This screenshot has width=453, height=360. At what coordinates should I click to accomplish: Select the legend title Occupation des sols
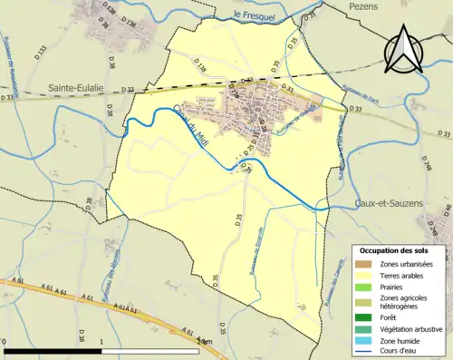(x=400, y=250)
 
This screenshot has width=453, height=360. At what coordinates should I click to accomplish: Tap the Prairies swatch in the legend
(x=364, y=286)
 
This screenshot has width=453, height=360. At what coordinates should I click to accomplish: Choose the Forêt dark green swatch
(x=364, y=316)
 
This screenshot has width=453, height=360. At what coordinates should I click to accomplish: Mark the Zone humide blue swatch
(x=364, y=339)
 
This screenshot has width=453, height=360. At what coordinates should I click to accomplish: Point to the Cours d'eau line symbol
(x=364, y=350)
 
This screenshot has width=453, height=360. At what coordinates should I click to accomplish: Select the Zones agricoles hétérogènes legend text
(x=405, y=301)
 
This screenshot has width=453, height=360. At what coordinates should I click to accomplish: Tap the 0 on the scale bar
(x=5, y=340)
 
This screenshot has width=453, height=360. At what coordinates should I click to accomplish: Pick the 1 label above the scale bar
(x=102, y=340)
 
